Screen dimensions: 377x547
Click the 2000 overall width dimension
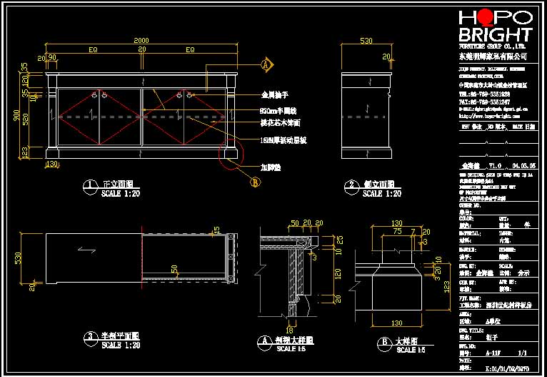click(x=141, y=40)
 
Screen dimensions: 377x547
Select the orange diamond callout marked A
click(x=266, y=65)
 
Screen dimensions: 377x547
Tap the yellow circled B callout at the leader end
click(x=256, y=182)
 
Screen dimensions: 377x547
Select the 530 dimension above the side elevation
click(x=367, y=41)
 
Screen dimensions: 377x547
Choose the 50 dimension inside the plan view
click(x=174, y=269)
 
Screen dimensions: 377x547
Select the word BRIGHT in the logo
click(x=495, y=34)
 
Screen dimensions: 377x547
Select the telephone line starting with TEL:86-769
click(x=484, y=94)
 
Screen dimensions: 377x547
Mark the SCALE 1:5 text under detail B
click(x=411, y=350)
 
